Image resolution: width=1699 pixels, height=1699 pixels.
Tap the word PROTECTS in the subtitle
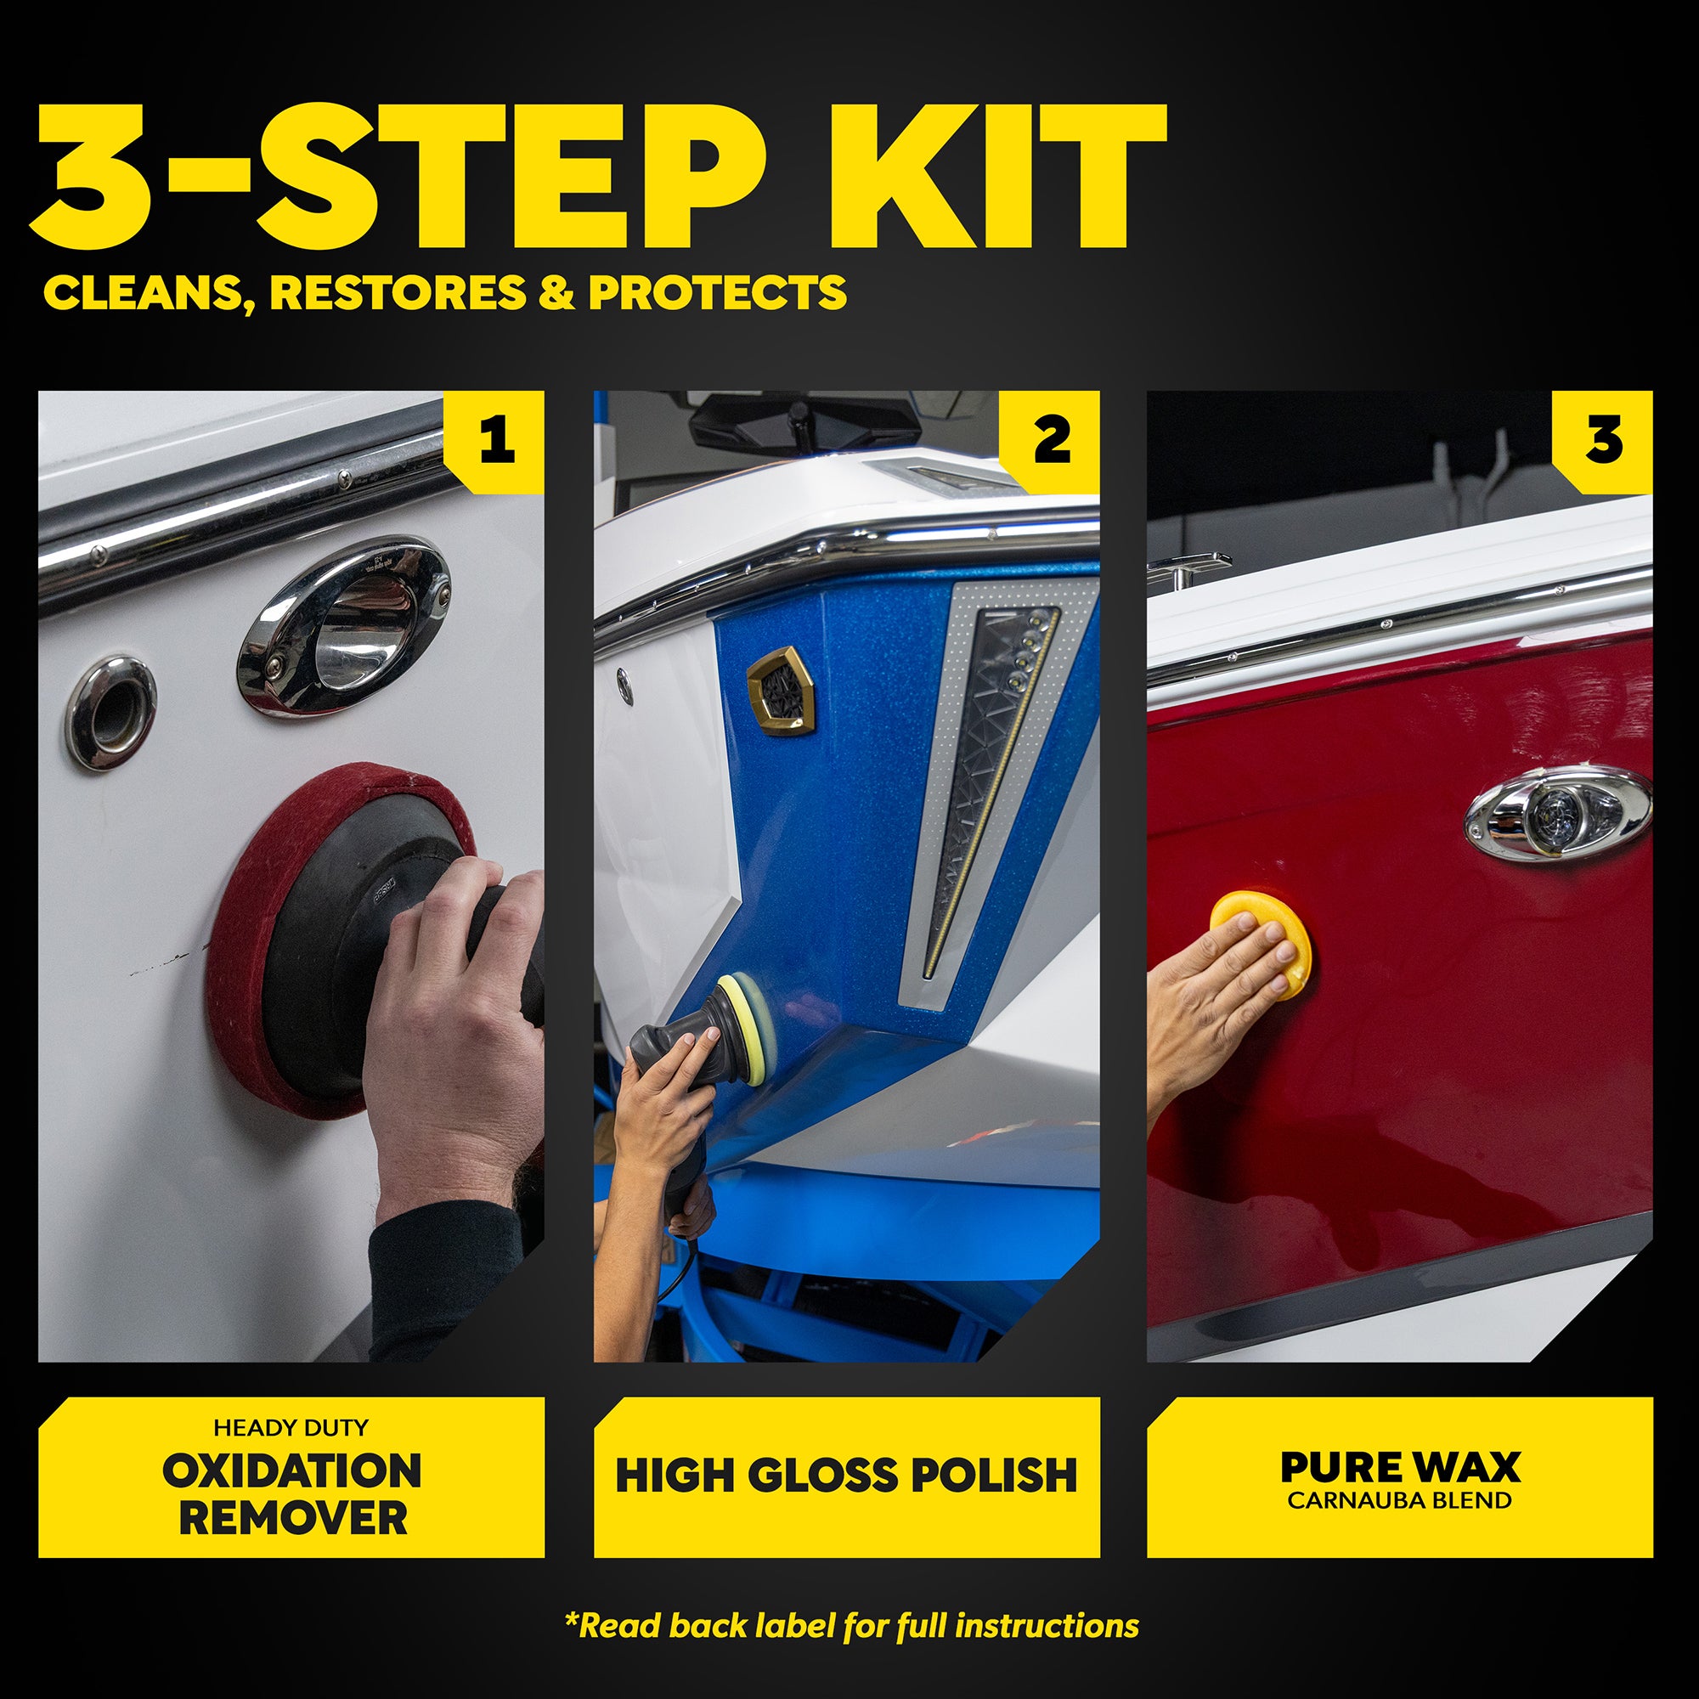click(717, 293)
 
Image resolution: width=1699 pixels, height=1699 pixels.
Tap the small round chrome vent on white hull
click(110, 713)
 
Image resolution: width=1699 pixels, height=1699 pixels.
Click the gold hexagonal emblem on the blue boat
click(781, 689)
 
